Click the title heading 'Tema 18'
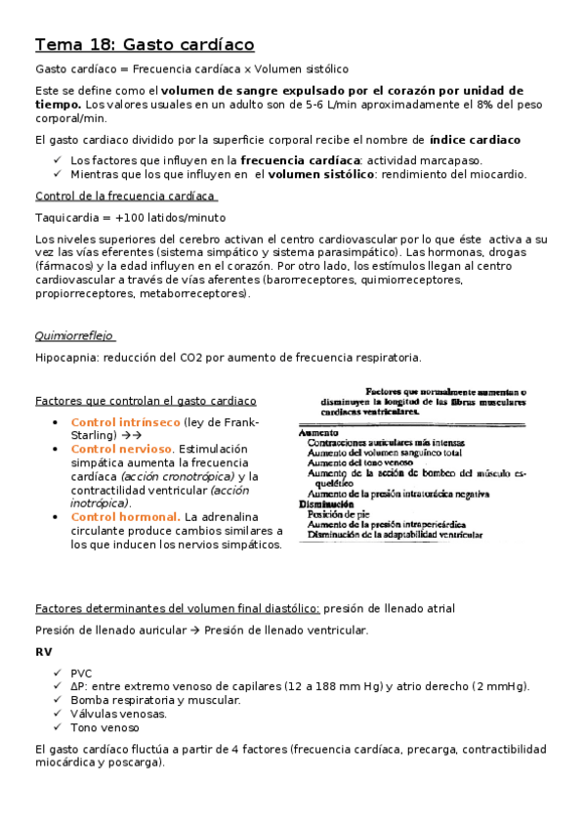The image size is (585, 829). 145,45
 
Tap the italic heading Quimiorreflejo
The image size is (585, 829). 73,336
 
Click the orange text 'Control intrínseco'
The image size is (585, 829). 125,422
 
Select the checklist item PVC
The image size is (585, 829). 83,673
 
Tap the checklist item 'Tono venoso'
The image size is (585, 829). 104,727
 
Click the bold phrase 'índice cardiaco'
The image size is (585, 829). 475,140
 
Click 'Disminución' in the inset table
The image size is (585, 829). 326,504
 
